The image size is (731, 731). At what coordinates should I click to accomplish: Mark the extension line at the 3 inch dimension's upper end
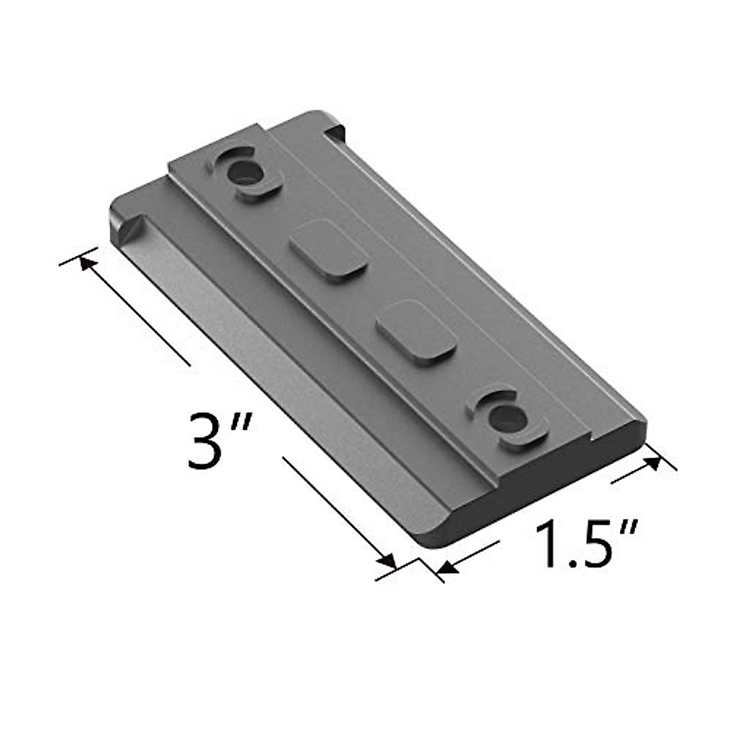click(79, 256)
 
